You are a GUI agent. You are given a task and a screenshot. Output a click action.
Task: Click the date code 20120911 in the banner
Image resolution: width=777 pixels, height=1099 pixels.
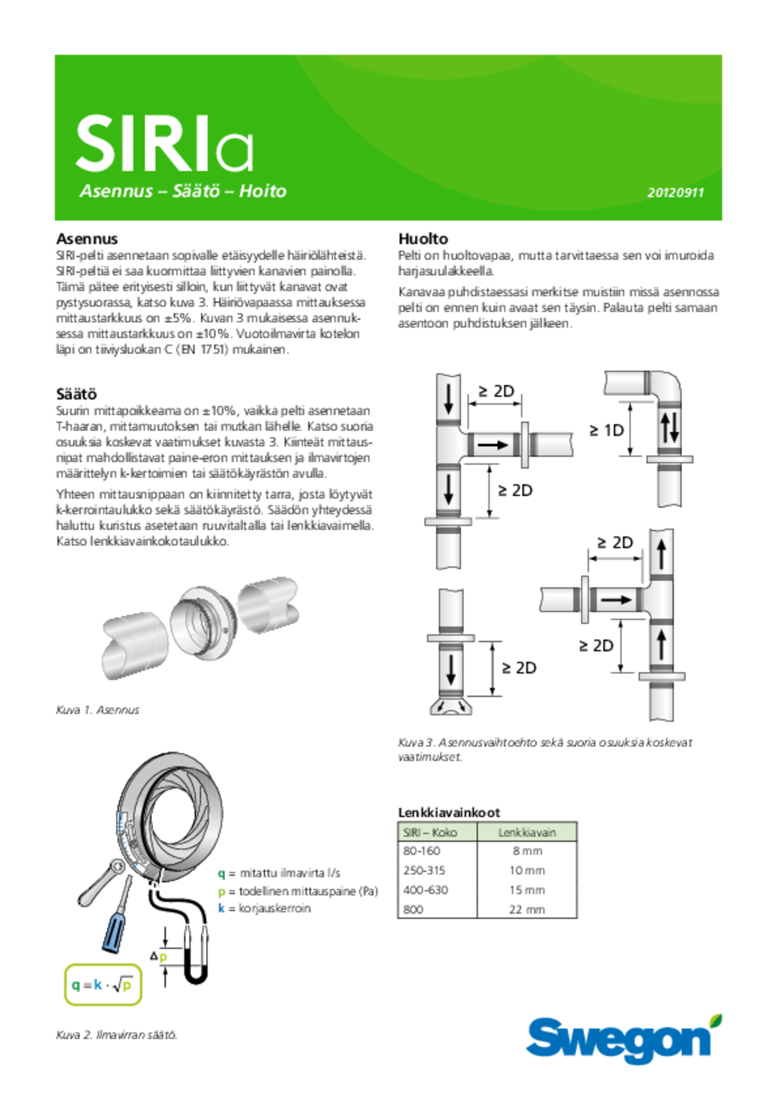[675, 193]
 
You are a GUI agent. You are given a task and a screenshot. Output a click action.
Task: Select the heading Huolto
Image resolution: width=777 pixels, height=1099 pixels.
[423, 239]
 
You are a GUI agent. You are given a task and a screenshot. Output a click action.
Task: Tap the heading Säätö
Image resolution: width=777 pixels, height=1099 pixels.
[76, 393]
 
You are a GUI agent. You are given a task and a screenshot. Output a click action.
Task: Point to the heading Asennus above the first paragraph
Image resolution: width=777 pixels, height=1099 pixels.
[87, 239]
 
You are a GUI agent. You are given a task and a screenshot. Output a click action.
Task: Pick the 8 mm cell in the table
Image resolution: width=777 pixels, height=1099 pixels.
[527, 851]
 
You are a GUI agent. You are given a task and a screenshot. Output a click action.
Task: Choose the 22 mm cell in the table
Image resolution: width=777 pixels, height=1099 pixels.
[527, 909]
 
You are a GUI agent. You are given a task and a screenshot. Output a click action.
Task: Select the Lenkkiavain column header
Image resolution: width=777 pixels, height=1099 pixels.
[527, 833]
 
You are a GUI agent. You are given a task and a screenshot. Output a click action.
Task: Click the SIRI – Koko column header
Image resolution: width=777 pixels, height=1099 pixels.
[430, 833]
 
